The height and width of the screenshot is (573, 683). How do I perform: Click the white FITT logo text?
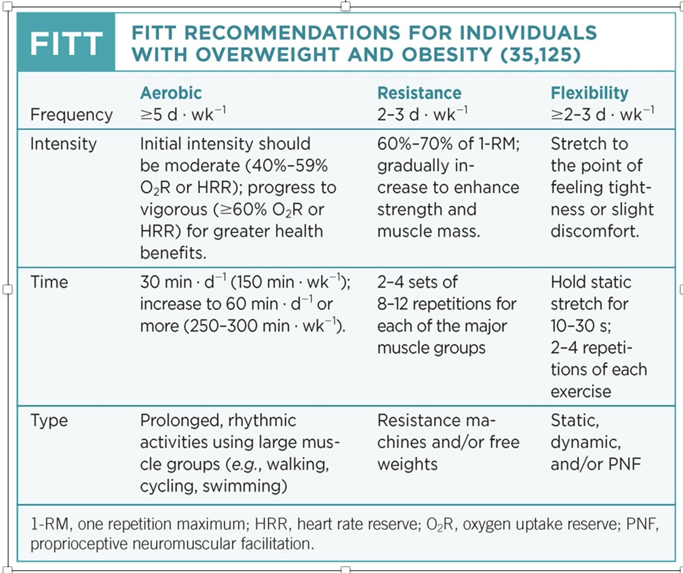click(66, 43)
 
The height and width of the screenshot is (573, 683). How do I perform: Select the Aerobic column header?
click(171, 93)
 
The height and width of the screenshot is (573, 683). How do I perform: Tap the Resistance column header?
click(419, 93)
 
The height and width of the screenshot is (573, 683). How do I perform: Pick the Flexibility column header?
click(590, 93)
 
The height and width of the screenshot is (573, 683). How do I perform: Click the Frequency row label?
click(71, 115)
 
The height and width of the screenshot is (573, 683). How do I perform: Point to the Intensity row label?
click(64, 144)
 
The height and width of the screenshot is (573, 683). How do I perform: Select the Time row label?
click(49, 282)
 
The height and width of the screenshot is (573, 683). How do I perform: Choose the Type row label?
click(49, 420)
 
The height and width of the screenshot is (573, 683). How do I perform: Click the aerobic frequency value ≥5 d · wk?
click(182, 114)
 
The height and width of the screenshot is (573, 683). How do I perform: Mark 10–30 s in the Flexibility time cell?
click(580, 326)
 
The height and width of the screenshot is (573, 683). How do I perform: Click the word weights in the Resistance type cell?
click(407, 465)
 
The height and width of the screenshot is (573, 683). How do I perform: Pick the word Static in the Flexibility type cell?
click(575, 420)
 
